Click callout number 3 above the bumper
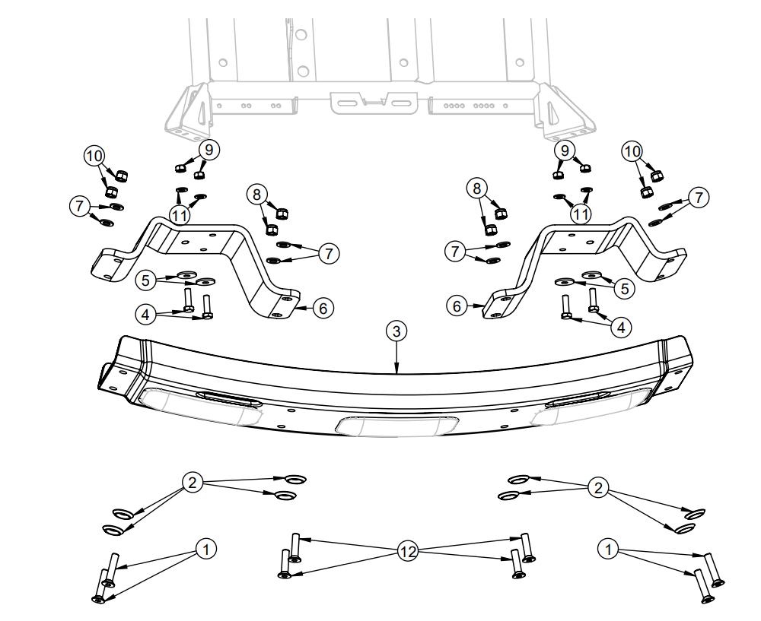pyautogui.click(x=396, y=331)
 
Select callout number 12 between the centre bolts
pyautogui.click(x=408, y=552)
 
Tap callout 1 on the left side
pyautogui.click(x=205, y=549)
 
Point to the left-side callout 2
pyautogui.click(x=193, y=482)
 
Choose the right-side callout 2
pyautogui.click(x=599, y=487)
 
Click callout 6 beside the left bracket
pyautogui.click(x=323, y=308)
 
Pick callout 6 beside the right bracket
pyautogui.click(x=457, y=306)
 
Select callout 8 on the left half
pyautogui.click(x=256, y=194)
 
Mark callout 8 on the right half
pyautogui.click(x=477, y=187)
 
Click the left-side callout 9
pyautogui.click(x=209, y=150)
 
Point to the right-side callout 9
pyautogui.click(x=565, y=150)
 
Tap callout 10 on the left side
pyautogui.click(x=94, y=156)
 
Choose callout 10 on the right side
pyautogui.click(x=632, y=151)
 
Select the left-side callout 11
pyautogui.click(x=179, y=216)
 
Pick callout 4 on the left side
pyautogui.click(x=146, y=312)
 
